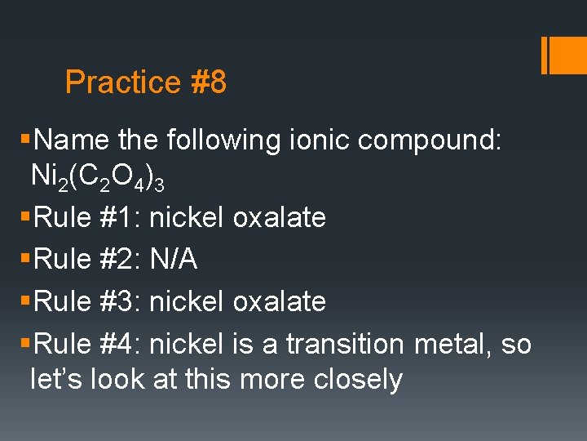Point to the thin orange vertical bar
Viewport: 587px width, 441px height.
coord(544,55)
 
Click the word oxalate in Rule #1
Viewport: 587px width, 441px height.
coord(279,217)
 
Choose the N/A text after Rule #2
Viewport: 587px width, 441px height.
coord(173,259)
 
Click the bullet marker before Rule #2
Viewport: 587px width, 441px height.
coord(31,259)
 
